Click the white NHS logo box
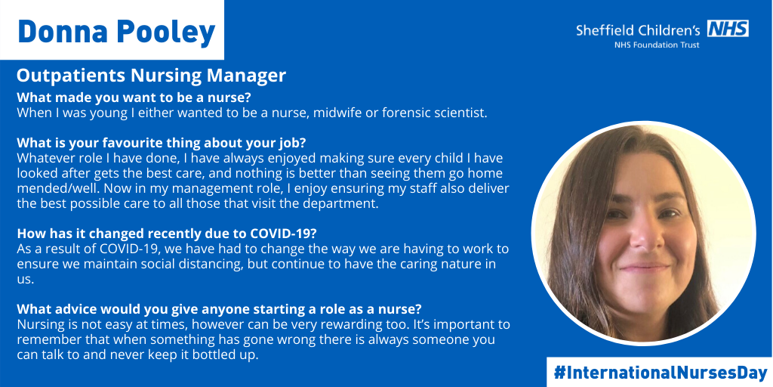click(728, 29)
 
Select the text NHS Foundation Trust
click(656, 45)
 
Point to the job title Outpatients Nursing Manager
click(151, 76)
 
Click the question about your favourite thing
click(162, 143)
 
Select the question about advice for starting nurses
click(220, 309)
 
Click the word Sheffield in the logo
click(605, 29)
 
